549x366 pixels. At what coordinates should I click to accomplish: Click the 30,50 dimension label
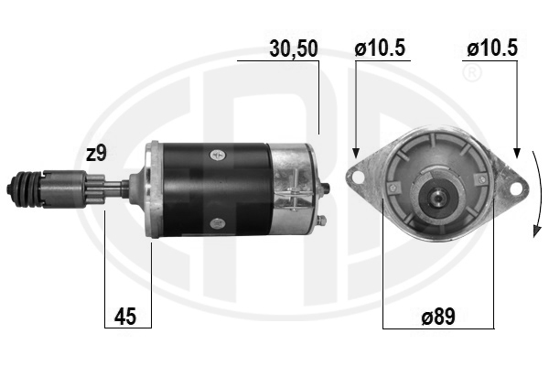pyautogui.click(x=294, y=48)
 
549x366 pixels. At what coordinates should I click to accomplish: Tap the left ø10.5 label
pyautogui.click(x=380, y=48)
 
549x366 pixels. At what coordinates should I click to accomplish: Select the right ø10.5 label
pyautogui.click(x=492, y=48)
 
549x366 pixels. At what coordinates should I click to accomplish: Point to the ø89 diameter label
pyautogui.click(x=438, y=317)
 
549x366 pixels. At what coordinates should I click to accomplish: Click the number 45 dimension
pyautogui.click(x=125, y=317)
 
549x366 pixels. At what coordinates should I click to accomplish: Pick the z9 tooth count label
pyautogui.click(x=96, y=154)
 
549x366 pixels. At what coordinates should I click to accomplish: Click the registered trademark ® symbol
pyautogui.click(x=472, y=73)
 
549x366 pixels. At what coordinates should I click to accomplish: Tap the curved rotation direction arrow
pyautogui.click(x=537, y=194)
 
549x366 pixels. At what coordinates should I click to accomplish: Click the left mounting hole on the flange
pyautogui.click(x=358, y=178)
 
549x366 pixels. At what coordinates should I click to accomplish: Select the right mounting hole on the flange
pyautogui.click(x=515, y=188)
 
